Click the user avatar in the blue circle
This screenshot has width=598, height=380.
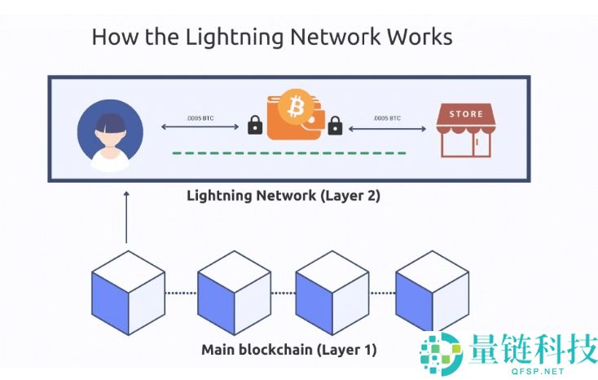[110, 134]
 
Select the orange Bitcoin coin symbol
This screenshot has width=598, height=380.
[293, 107]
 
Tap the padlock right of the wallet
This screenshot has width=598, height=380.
[334, 126]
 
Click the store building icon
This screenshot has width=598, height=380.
[465, 130]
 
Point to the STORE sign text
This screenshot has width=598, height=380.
[465, 114]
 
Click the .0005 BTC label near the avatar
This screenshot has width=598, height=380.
[200, 117]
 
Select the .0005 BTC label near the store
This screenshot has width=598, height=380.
[387, 117]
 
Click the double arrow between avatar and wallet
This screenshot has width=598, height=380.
[200, 127]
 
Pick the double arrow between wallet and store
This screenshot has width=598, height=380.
[388, 127]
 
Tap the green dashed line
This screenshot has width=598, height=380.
[289, 152]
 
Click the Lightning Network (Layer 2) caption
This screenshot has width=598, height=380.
[284, 196]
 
